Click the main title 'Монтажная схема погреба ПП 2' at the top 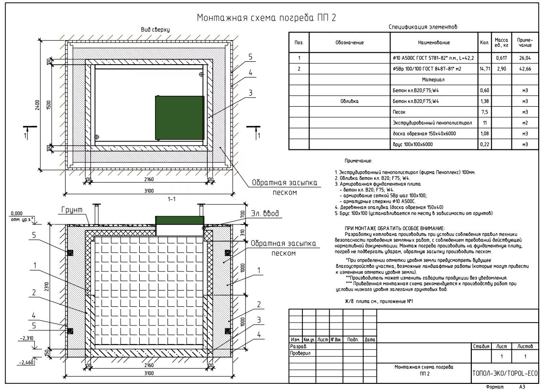point(266,18)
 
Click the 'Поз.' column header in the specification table point(299,43)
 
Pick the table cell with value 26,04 point(524,58)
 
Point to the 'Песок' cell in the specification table point(399,112)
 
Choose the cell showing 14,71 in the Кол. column point(484,69)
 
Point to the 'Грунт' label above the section point(72,210)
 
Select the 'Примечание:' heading point(358,161)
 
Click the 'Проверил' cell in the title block point(300,353)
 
